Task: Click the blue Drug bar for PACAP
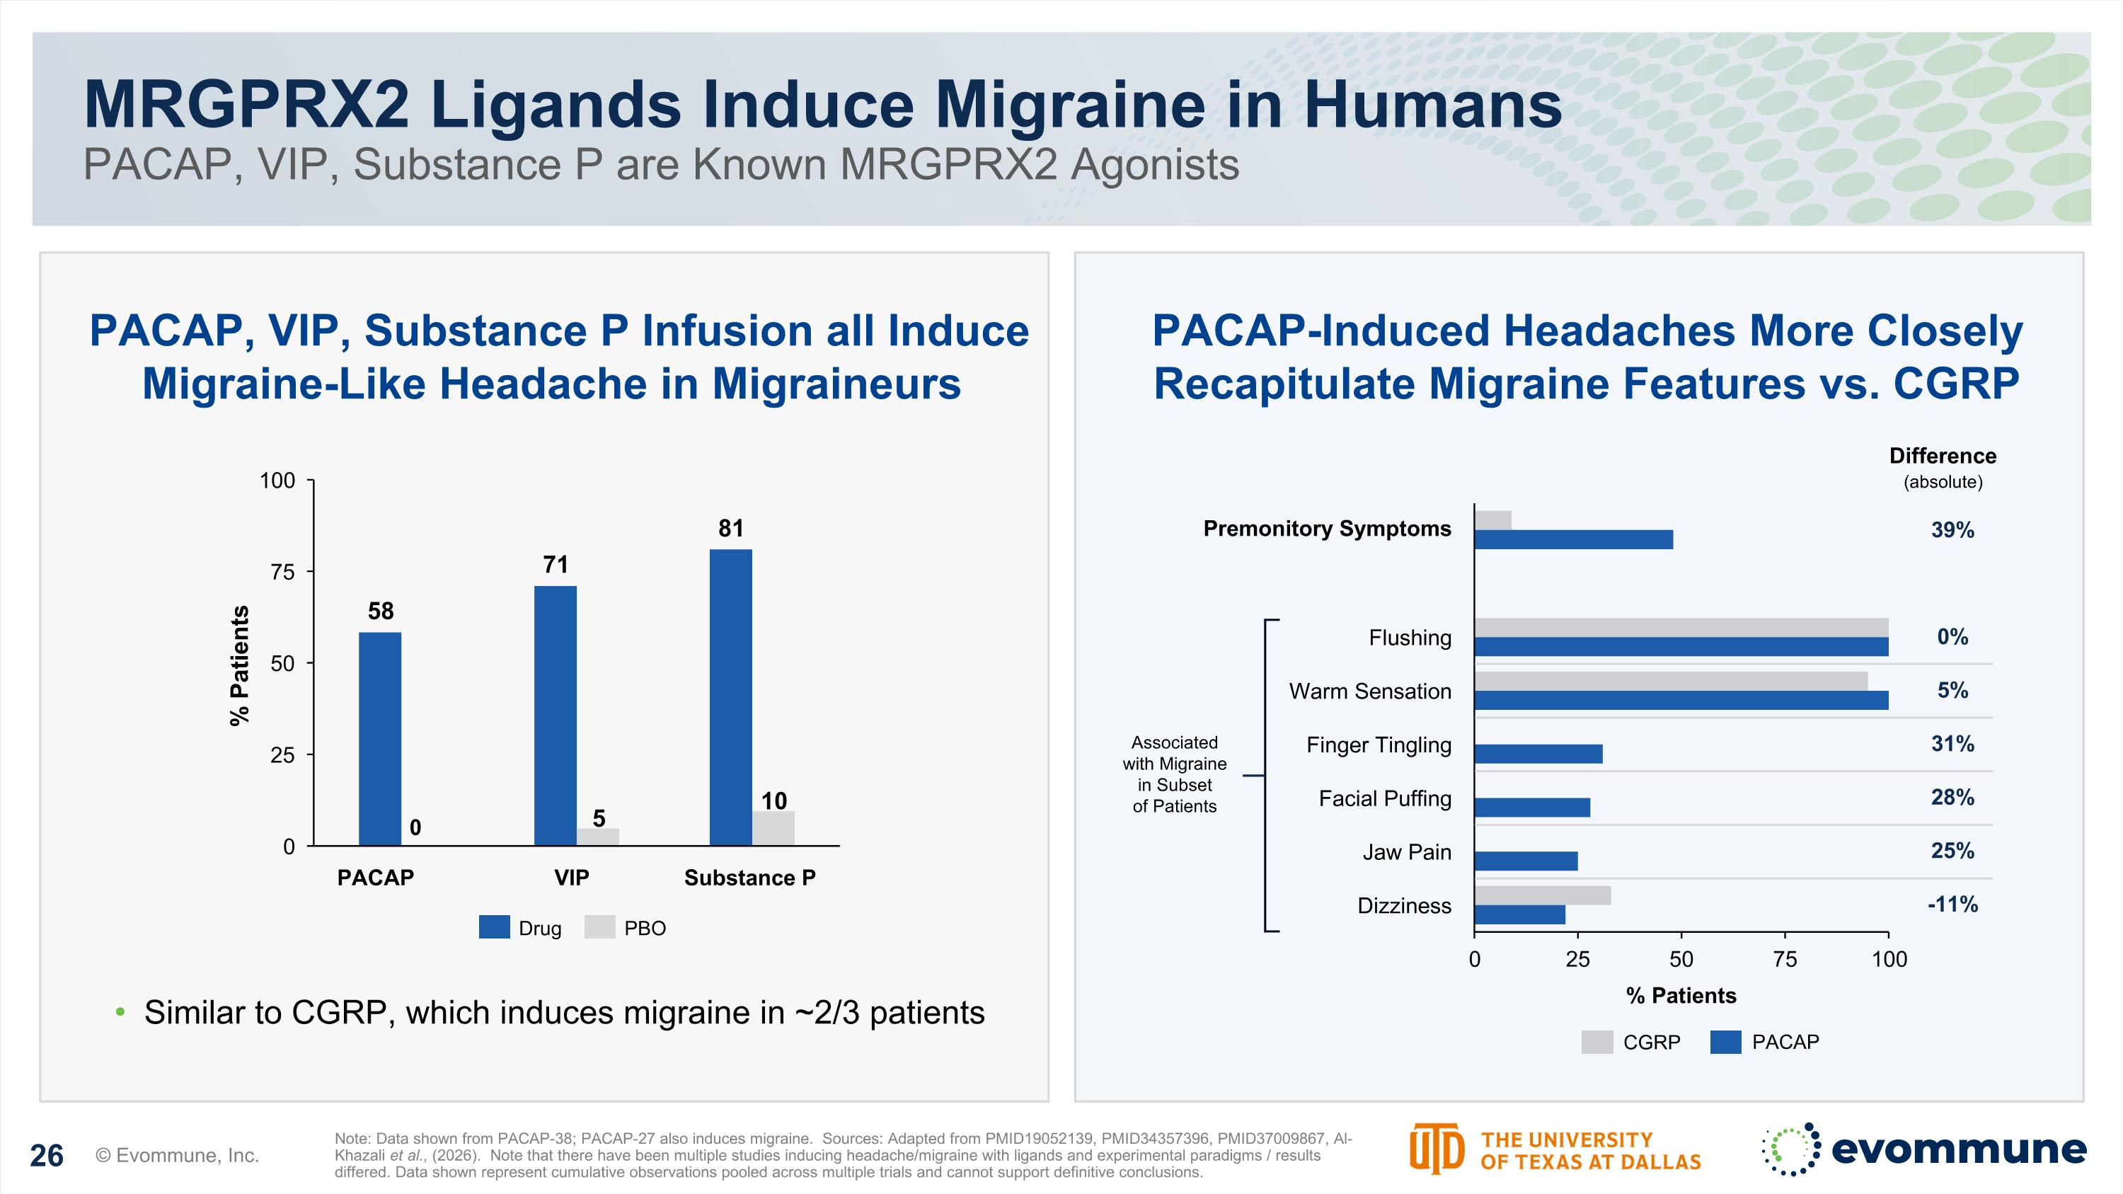tap(380, 738)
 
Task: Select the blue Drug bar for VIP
tap(556, 716)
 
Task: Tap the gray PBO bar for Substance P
tap(773, 828)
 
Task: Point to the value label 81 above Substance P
tap(731, 528)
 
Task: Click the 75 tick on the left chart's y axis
tap(282, 572)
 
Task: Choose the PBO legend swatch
tap(600, 927)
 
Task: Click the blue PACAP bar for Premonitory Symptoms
tap(1573, 540)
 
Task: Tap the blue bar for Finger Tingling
tap(1538, 754)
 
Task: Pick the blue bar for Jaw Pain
tap(1526, 861)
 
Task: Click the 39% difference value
tap(1952, 530)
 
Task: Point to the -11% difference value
tap(1952, 904)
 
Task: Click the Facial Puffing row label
tap(1385, 798)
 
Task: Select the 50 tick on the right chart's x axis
tap(1681, 959)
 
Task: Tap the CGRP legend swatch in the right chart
tap(1597, 1042)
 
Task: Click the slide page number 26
tap(47, 1156)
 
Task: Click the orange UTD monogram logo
tap(1437, 1149)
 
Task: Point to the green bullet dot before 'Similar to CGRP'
tap(121, 1012)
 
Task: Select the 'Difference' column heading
tap(1943, 456)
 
